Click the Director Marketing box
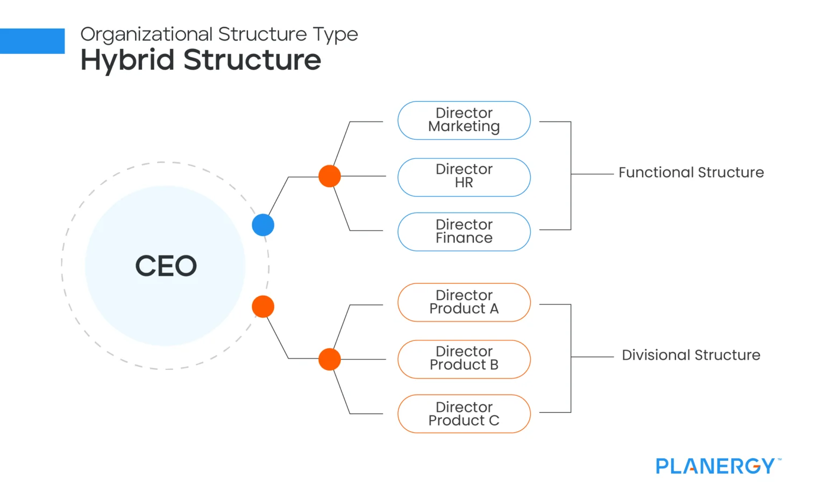click(x=464, y=120)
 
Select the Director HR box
click(x=464, y=177)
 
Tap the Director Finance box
click(x=464, y=232)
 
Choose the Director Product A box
click(x=464, y=302)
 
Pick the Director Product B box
click(x=464, y=359)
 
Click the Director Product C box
click(x=464, y=414)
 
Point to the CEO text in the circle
click(x=166, y=266)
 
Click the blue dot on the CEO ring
click(x=263, y=225)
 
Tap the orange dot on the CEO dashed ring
click(x=263, y=306)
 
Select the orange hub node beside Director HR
click(x=330, y=176)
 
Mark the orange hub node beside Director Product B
click(x=330, y=359)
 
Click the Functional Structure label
click(x=691, y=173)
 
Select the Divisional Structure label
click(x=691, y=355)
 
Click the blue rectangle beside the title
click(x=32, y=41)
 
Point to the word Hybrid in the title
click(x=127, y=60)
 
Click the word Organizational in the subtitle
click(x=146, y=34)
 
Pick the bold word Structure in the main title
click(x=252, y=60)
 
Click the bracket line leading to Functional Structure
click(x=592, y=174)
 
